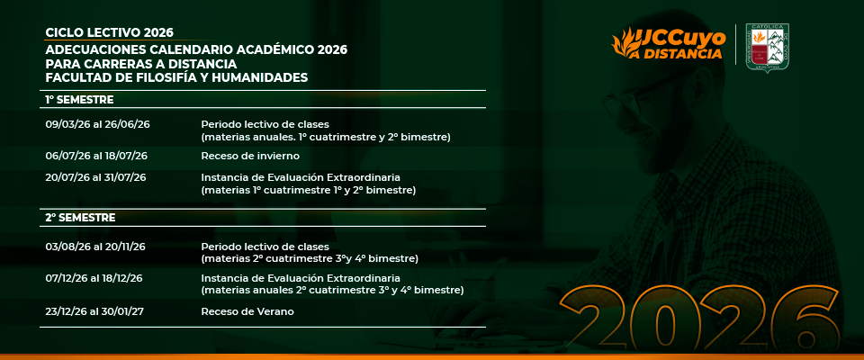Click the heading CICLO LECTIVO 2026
[x=109, y=32]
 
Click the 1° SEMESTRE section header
[x=79, y=100]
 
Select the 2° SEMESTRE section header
[x=80, y=218]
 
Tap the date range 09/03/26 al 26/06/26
[x=97, y=124]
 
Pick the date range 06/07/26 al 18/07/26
[x=96, y=156]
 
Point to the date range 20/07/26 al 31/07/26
[x=96, y=177]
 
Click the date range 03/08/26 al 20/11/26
[x=95, y=247]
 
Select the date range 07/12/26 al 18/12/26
[x=94, y=278]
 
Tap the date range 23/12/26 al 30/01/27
[x=94, y=311]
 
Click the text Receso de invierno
[x=250, y=156]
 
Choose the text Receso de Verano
[x=247, y=311]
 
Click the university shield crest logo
[x=767, y=48]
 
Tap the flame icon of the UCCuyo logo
[x=625, y=42]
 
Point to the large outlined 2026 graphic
[x=701, y=320]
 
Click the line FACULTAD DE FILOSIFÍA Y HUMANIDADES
[x=176, y=77]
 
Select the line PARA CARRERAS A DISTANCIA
[x=141, y=64]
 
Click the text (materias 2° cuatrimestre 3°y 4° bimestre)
[x=310, y=258]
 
